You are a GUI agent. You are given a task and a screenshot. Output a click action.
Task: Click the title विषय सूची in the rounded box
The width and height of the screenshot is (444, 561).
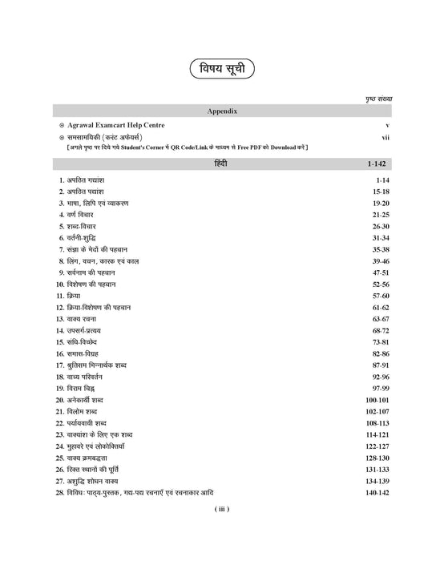coord(221,70)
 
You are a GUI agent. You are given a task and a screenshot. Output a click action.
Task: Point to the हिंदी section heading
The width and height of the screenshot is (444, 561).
coord(221,165)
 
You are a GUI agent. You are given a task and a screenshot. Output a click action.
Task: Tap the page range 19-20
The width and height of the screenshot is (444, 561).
coord(379,204)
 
